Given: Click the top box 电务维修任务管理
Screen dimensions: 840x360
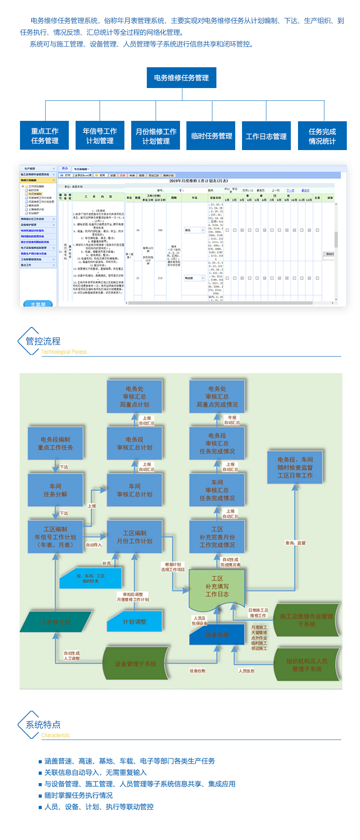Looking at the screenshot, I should coord(181,78).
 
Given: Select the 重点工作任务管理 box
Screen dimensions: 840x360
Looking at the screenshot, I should coord(44,136).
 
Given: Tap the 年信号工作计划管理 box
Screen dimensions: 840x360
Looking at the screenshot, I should coord(100,136).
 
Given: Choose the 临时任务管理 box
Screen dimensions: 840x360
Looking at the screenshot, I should coord(212,136).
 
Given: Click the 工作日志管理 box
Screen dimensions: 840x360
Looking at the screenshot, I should coord(266,136).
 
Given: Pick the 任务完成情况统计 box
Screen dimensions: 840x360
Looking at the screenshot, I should coord(322,136).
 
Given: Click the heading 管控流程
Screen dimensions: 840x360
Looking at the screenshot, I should coord(43,341).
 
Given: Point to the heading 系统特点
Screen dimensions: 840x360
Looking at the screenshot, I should coord(43,724).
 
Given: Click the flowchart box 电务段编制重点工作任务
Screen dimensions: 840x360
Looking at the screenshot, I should coord(55,443).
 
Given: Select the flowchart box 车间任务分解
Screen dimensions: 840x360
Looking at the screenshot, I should coord(55,490).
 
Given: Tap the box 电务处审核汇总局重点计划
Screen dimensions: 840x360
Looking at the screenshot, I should coord(134,397).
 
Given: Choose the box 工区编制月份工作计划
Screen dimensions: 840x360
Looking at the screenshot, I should coord(134,537).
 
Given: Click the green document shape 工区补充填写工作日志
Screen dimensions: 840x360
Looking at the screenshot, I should coord(217,586).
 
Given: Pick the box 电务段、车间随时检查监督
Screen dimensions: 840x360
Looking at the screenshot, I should coord(295,467).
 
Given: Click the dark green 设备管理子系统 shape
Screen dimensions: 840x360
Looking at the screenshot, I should coord(135,664).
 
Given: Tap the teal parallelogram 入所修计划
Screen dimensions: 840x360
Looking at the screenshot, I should coord(56,622).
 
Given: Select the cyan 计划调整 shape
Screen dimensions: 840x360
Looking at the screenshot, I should coord(134,622).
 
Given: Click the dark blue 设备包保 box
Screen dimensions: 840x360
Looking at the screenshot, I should coord(217,635).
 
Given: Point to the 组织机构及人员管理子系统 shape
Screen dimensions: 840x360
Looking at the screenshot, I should coord(307,665).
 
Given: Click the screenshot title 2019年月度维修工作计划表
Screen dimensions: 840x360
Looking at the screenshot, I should coord(198,181).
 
